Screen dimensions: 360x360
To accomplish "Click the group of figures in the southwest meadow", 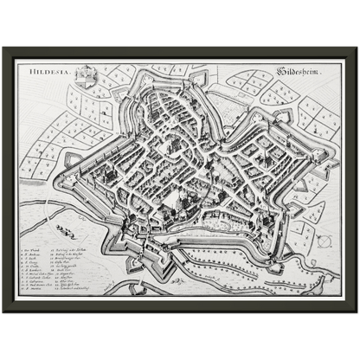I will (x=65, y=230).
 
